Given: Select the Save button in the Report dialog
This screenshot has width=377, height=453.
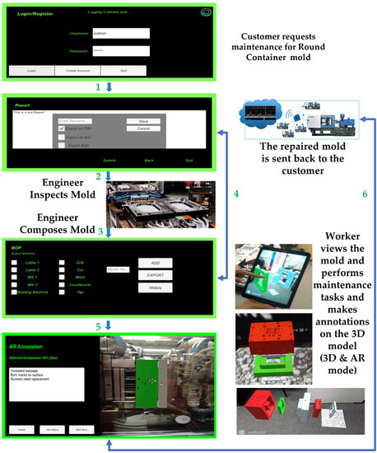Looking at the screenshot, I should click(142, 120).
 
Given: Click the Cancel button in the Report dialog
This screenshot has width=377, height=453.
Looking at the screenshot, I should click(142, 128).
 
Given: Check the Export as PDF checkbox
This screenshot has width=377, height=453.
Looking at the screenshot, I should click(62, 129).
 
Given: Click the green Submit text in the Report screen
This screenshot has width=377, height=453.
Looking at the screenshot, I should click(109, 159).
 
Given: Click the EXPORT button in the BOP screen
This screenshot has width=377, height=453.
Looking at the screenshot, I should click(156, 275).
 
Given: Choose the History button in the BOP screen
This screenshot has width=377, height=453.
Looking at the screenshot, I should click(156, 288).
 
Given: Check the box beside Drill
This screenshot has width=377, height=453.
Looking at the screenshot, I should click(63, 262).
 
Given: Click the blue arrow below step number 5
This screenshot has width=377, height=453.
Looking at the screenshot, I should click(108, 323).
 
